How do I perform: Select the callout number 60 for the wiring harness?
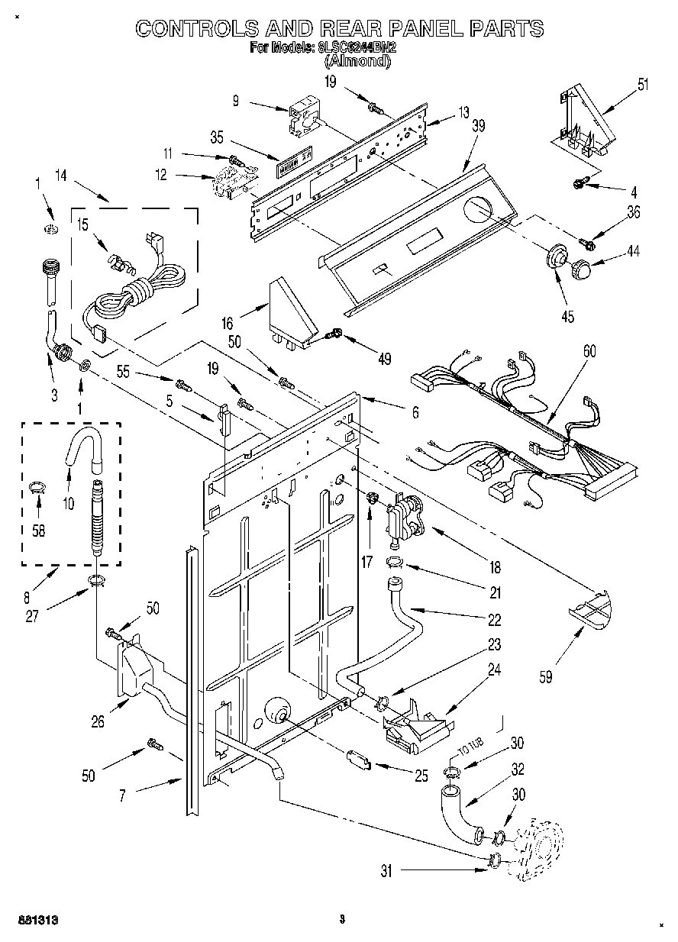point(589,351)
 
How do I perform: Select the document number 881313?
point(37,920)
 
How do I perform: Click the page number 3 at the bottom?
point(342,920)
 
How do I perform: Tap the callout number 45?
point(567,317)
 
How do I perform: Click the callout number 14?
point(60,176)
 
